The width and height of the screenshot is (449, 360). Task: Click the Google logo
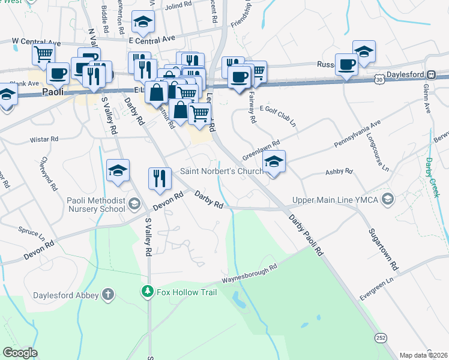click(20, 353)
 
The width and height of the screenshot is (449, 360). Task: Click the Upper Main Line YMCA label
click(335, 200)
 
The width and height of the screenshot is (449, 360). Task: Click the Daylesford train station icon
click(431, 74)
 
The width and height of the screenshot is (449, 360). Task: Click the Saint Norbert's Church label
click(222, 172)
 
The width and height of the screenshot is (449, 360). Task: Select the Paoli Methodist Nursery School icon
click(134, 205)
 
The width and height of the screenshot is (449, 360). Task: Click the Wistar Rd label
click(44, 139)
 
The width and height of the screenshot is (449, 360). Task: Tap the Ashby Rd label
click(339, 172)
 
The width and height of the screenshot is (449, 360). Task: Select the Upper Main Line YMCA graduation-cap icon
click(388, 199)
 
